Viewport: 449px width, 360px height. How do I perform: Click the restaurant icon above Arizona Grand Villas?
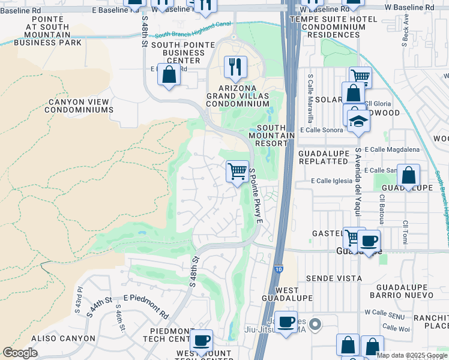(x=235, y=65)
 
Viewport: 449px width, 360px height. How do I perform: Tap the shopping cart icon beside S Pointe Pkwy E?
(x=238, y=171)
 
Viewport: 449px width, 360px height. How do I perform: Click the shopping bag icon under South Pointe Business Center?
(x=169, y=75)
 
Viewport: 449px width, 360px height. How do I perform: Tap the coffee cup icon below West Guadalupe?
(x=286, y=322)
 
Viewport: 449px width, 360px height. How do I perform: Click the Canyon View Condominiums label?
(x=80, y=106)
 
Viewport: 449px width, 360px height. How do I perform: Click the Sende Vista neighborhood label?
(x=334, y=278)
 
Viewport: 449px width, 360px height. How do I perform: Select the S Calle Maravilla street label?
(x=310, y=95)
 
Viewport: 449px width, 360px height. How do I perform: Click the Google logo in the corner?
(x=20, y=353)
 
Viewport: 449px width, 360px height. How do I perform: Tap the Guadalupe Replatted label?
(x=323, y=158)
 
